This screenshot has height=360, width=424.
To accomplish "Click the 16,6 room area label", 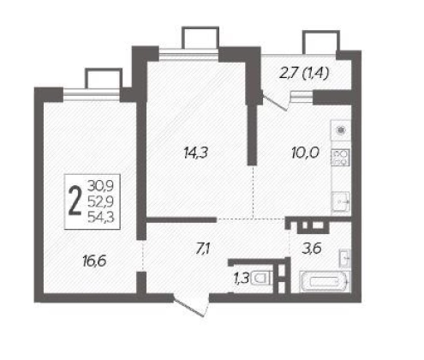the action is click(x=94, y=261).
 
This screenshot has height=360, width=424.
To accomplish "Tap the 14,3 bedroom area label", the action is click(x=196, y=153).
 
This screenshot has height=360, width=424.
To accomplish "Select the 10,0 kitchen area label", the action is click(x=305, y=153).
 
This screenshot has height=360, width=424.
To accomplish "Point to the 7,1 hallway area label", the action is click(x=203, y=249).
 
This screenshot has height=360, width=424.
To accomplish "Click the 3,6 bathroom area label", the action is click(x=312, y=249).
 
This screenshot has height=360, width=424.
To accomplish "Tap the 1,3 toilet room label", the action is click(x=242, y=279).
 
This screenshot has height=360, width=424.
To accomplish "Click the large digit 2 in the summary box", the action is click(x=75, y=201).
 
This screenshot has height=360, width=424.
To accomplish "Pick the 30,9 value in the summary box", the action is click(x=100, y=186).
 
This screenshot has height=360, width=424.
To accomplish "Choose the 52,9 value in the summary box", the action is click(x=100, y=201).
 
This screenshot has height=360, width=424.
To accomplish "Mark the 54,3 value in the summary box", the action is click(x=100, y=218).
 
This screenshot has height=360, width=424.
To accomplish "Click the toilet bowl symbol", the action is click(x=261, y=279).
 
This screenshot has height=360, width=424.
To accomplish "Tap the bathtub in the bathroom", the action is click(x=325, y=282).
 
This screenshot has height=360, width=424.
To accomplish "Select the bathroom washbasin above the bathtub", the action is click(x=344, y=258).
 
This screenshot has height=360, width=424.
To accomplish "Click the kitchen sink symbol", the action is click(x=341, y=202).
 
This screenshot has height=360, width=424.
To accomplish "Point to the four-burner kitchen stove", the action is click(x=341, y=157).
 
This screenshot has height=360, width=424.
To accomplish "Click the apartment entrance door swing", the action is click(x=191, y=306).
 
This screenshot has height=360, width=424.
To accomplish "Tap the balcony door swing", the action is click(x=275, y=101).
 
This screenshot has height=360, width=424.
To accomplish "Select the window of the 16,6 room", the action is click(x=92, y=94).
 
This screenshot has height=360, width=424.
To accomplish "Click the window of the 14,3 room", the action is click(x=188, y=54).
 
